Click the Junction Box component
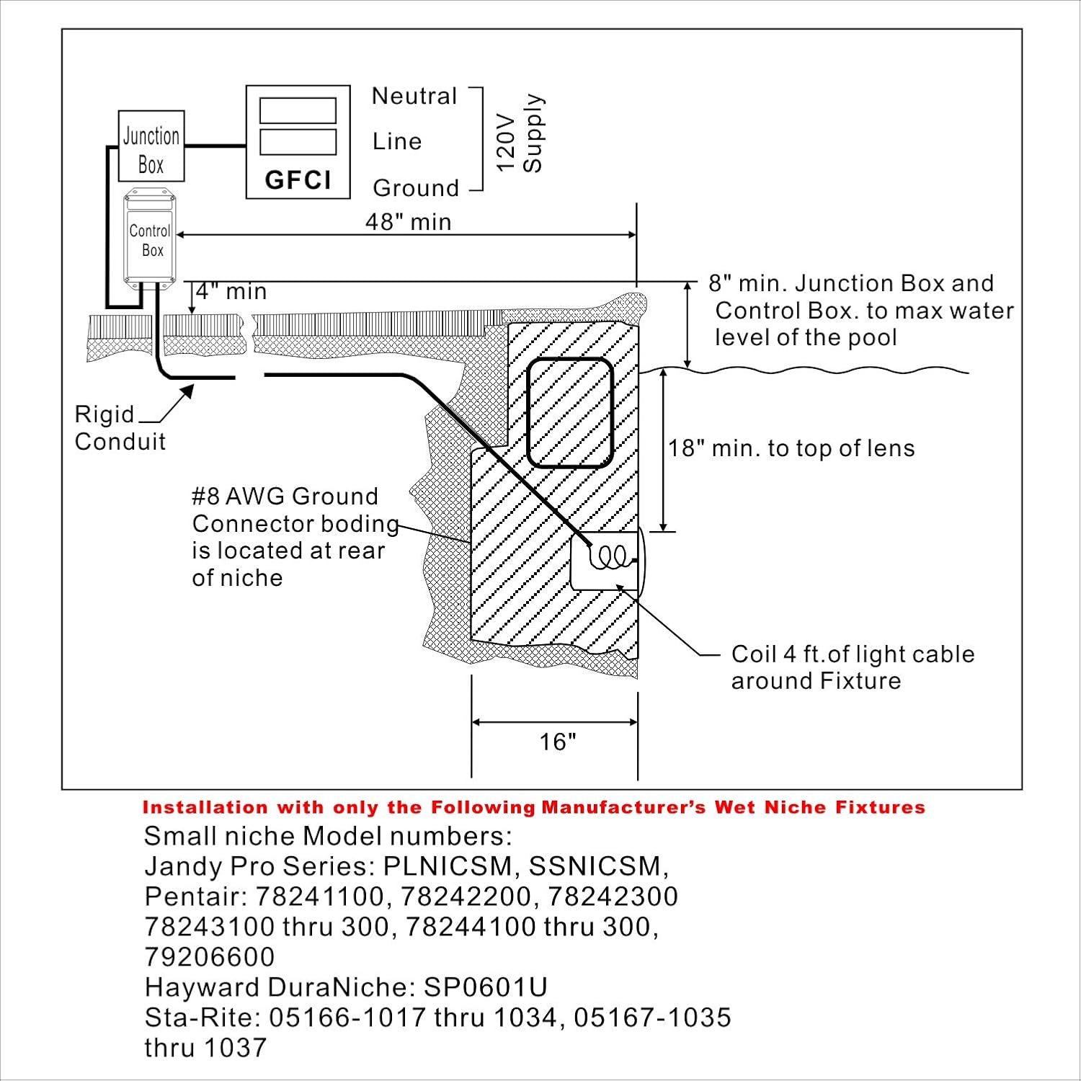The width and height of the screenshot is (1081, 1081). (x=151, y=146)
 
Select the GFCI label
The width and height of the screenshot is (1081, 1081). (x=298, y=179)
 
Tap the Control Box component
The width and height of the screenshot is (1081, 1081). (x=150, y=240)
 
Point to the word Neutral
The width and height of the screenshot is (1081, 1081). (x=414, y=96)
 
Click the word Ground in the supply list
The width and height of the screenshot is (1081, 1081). (x=416, y=188)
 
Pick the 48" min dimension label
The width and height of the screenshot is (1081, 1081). (x=408, y=221)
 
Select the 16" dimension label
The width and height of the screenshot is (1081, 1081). (x=558, y=742)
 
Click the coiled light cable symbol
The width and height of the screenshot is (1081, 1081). (x=609, y=556)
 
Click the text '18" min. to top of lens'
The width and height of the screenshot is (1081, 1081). (x=791, y=448)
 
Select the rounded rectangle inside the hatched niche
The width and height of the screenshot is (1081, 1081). (x=570, y=412)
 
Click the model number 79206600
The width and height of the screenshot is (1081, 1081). (x=210, y=956)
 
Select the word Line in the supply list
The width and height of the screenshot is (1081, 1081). (x=396, y=141)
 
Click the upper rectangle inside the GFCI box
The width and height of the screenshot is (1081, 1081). (x=298, y=111)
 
